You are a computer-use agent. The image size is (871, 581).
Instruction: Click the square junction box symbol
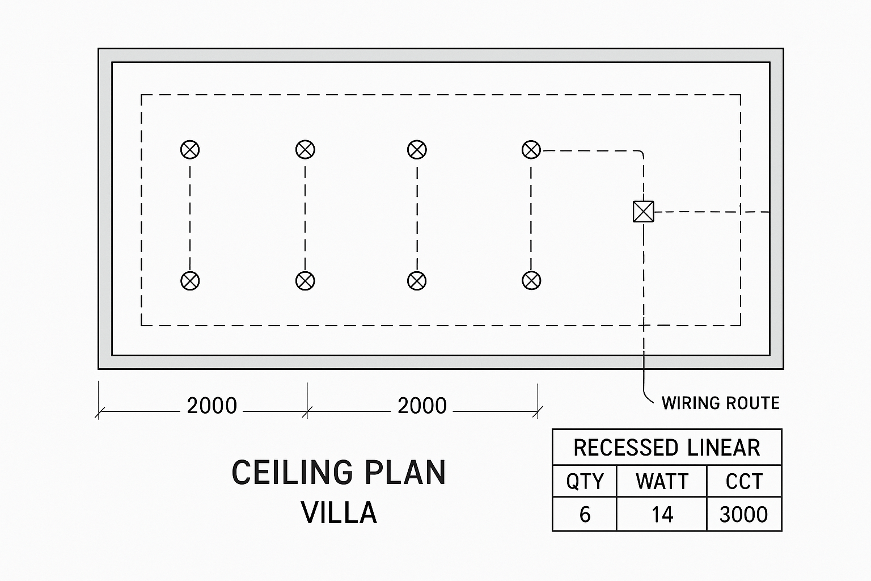tap(644, 212)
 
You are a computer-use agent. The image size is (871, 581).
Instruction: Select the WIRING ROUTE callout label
tap(721, 403)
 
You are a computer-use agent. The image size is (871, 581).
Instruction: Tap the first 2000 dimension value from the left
tap(212, 406)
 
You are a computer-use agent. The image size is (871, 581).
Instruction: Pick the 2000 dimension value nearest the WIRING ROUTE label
tap(422, 406)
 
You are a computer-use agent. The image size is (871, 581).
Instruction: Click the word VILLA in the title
tap(339, 513)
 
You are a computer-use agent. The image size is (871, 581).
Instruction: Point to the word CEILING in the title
tap(292, 473)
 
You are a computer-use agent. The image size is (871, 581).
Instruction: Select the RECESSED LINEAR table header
tap(667, 448)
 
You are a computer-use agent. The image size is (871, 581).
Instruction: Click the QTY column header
tap(585, 482)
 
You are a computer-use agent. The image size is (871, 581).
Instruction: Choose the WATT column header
tap(662, 481)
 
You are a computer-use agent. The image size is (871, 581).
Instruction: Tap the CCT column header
tap(744, 481)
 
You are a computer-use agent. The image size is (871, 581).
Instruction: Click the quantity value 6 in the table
tap(585, 515)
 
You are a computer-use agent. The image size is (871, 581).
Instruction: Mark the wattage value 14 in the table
tap(662, 515)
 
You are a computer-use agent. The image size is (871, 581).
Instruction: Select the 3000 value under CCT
tap(744, 515)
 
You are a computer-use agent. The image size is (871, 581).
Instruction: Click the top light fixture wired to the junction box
tap(531, 150)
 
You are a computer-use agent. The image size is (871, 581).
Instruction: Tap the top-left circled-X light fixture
tap(190, 150)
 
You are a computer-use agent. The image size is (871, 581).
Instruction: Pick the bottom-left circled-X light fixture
tap(190, 281)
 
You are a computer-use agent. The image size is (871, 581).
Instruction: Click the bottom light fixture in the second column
tap(305, 281)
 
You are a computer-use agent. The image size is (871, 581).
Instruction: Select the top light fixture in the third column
tap(417, 150)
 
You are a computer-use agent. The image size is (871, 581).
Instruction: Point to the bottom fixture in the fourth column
tap(531, 281)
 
